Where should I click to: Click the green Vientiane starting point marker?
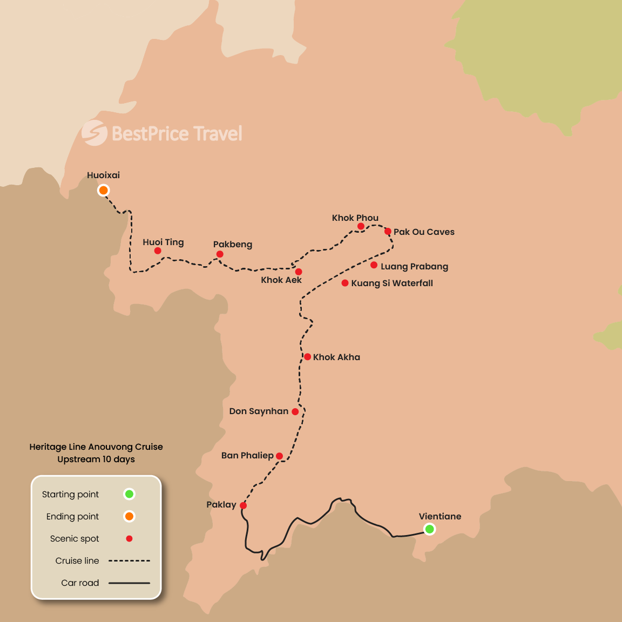pyautogui.click(x=429, y=529)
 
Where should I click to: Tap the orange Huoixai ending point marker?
pyautogui.click(x=103, y=190)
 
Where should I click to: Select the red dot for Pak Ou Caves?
pyautogui.click(x=388, y=232)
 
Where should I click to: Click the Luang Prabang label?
pyautogui.click(x=414, y=266)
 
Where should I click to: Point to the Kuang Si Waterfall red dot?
pyautogui.click(x=345, y=283)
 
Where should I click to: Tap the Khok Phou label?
pyautogui.click(x=355, y=218)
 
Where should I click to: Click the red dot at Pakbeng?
pyautogui.click(x=220, y=254)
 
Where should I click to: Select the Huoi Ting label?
pyautogui.click(x=163, y=242)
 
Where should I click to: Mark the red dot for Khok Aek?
pyautogui.click(x=299, y=272)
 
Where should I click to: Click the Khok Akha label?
pyautogui.click(x=336, y=357)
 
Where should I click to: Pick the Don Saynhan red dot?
pyautogui.click(x=295, y=411)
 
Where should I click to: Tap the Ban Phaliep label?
pyautogui.click(x=247, y=455)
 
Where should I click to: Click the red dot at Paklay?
pyautogui.click(x=243, y=505)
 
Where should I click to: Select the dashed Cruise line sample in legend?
pyautogui.click(x=129, y=560)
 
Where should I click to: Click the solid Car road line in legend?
pyautogui.click(x=129, y=583)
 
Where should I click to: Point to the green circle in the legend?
pyautogui.click(x=129, y=494)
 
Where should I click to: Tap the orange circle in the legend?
pyautogui.click(x=129, y=516)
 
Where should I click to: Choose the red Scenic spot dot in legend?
pyautogui.click(x=129, y=538)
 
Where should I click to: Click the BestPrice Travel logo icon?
pyautogui.click(x=94, y=133)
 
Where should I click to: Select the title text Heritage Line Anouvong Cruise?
pyautogui.click(x=96, y=447)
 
